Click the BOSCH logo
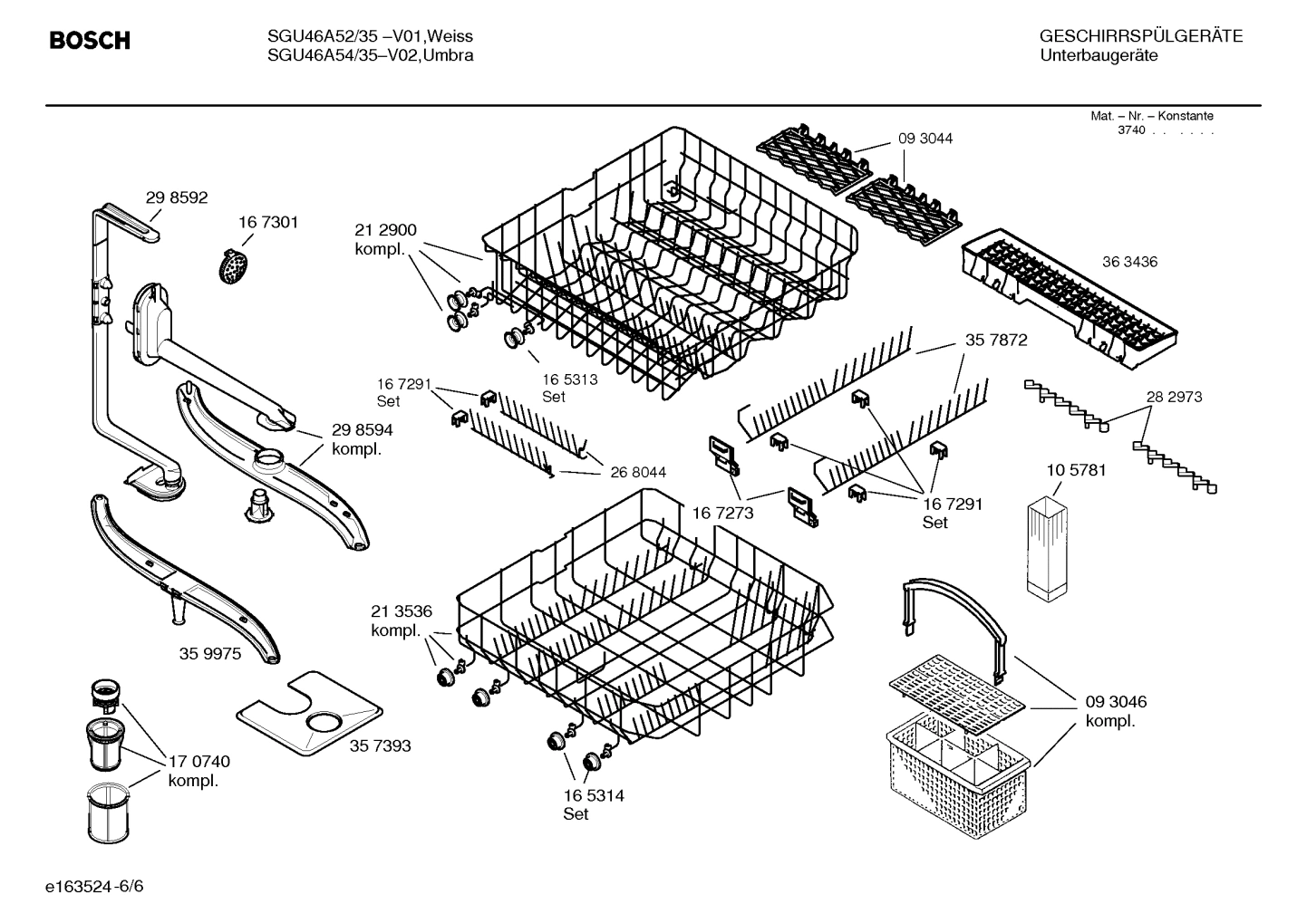(89, 41)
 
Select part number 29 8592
(177, 197)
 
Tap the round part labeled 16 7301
(236, 267)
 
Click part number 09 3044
(925, 139)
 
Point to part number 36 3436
(1129, 262)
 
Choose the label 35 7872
(996, 340)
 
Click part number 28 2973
(1174, 397)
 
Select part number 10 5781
(1076, 470)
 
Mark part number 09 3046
(1116, 702)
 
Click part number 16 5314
(593, 795)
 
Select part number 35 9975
(210, 653)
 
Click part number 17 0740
(198, 762)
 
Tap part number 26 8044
(637, 472)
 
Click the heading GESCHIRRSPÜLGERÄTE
(1140, 37)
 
